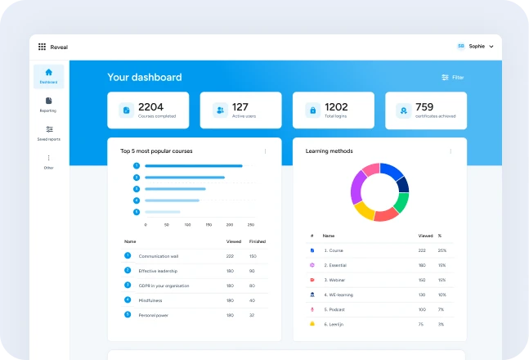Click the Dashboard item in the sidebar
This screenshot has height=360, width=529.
click(48, 76)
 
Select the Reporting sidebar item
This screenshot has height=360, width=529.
click(48, 104)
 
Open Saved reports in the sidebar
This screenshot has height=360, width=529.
click(48, 133)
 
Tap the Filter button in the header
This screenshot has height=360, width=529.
click(452, 77)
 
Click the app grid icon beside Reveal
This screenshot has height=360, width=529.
click(42, 47)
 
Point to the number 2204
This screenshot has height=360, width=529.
click(151, 106)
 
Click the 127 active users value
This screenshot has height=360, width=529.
click(240, 106)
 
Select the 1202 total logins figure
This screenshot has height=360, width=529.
click(336, 106)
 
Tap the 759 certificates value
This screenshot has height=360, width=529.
click(424, 106)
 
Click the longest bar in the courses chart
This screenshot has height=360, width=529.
click(193, 165)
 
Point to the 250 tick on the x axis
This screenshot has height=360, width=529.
click(250, 224)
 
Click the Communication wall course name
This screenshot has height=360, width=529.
click(159, 256)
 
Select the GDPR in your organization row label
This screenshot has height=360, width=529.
click(164, 286)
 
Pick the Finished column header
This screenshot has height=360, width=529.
click(257, 241)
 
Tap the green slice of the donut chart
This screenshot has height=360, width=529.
click(401, 202)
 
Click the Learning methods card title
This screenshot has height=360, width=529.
click(329, 151)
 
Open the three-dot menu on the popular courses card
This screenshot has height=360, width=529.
click(265, 151)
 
